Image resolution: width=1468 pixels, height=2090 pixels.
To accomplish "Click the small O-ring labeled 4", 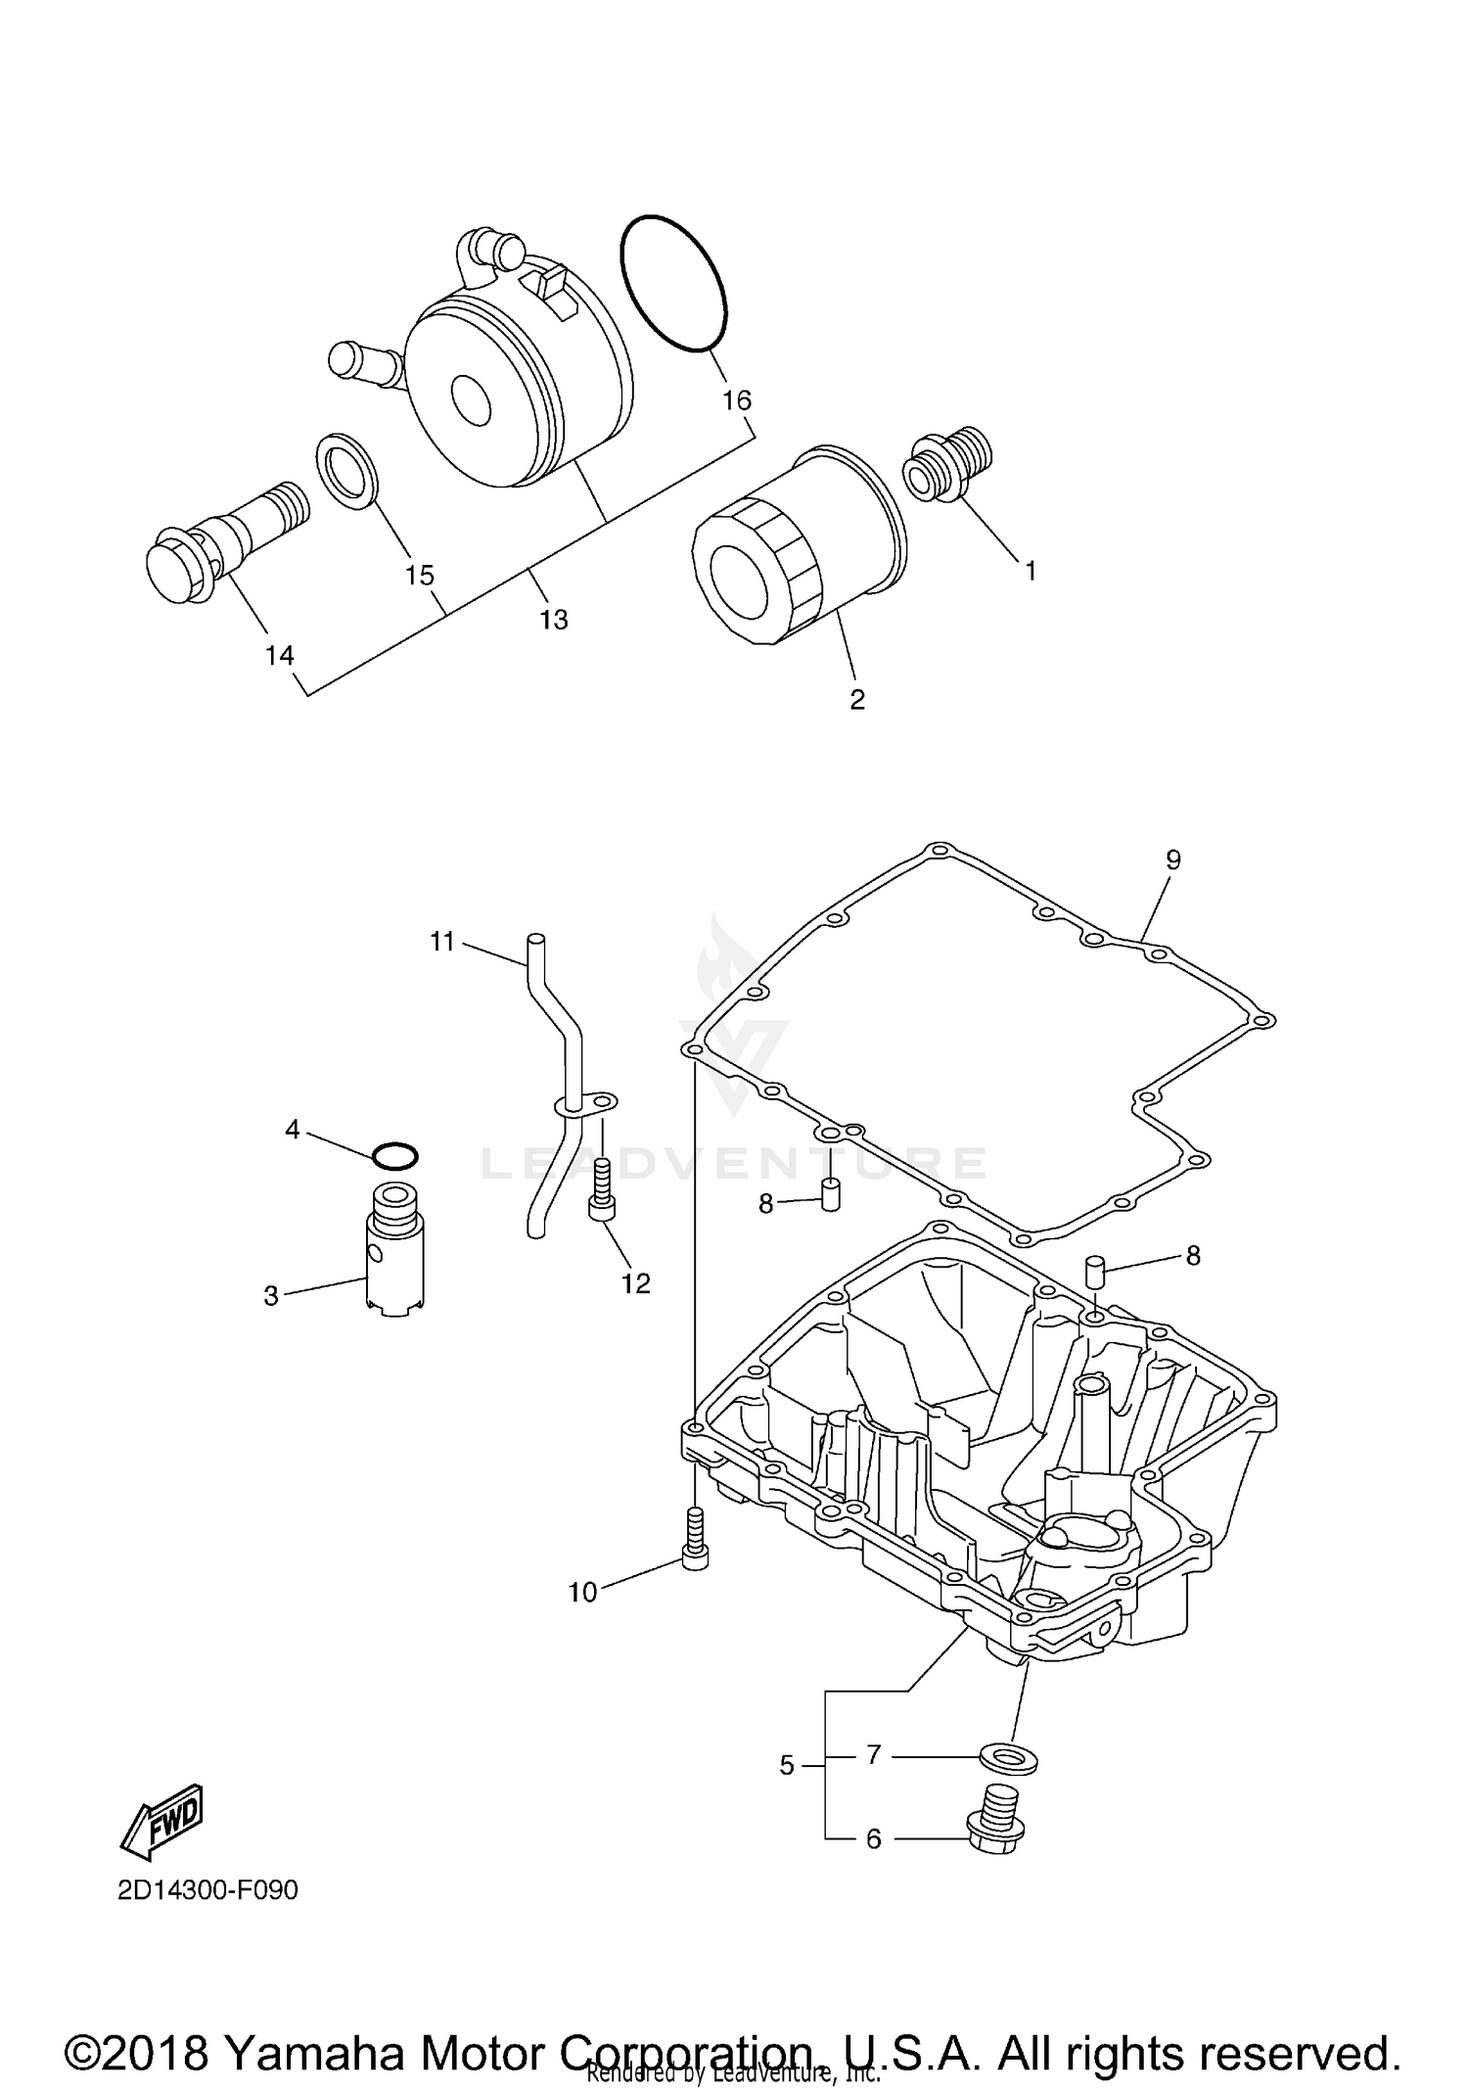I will (395, 1156).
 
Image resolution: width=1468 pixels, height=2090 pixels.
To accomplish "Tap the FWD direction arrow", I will (161, 1820).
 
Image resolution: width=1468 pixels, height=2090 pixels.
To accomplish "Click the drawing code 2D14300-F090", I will (207, 1888).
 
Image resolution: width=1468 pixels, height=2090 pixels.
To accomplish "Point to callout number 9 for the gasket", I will (1172, 859).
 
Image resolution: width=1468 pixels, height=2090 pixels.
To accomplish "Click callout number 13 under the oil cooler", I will (553, 620).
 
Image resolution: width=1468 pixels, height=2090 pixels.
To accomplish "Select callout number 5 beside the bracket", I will (787, 1765).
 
